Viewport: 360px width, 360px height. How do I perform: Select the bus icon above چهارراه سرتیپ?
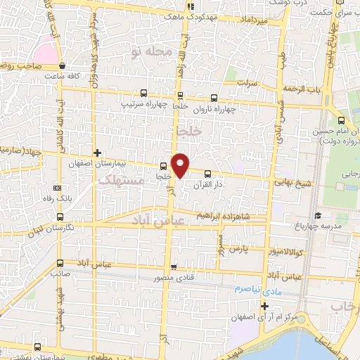point(144,93)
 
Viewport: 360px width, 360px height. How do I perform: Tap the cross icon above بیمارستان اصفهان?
point(98,153)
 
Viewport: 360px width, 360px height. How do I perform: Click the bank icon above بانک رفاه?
point(58,188)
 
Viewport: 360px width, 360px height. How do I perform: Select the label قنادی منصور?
point(173,278)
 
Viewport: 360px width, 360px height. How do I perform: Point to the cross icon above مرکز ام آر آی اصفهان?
point(264,305)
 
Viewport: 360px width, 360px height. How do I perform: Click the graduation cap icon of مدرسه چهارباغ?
point(317,215)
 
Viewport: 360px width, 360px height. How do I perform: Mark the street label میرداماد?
point(247,23)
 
